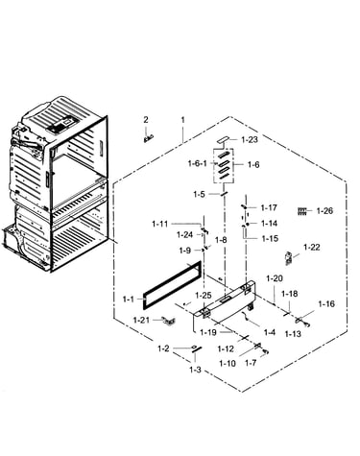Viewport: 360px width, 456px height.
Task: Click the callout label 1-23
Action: (250, 140)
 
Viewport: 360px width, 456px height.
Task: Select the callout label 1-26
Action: (324, 211)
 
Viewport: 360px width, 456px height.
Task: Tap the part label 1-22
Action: (312, 248)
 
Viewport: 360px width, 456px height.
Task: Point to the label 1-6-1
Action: (198, 164)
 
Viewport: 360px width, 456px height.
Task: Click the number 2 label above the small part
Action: (146, 120)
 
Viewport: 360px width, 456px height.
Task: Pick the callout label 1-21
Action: (141, 320)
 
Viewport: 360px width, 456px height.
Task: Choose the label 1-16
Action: (326, 303)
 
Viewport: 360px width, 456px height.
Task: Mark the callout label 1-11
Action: (160, 224)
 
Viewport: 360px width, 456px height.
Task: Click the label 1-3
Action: (195, 371)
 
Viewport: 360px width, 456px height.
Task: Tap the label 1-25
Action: (204, 296)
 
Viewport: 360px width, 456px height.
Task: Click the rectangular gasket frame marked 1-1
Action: (173, 284)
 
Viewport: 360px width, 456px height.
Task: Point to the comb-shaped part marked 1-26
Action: (302, 211)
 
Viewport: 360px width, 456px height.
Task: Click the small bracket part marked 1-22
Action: (289, 258)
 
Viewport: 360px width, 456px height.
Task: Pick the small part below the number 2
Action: (148, 138)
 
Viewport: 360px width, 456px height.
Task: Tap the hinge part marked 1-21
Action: (168, 321)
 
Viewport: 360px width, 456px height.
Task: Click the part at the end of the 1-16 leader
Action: (302, 322)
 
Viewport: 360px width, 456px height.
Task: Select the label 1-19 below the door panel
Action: (208, 332)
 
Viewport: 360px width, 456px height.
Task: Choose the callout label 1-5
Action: (200, 194)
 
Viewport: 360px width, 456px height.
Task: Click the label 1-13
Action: (293, 334)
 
